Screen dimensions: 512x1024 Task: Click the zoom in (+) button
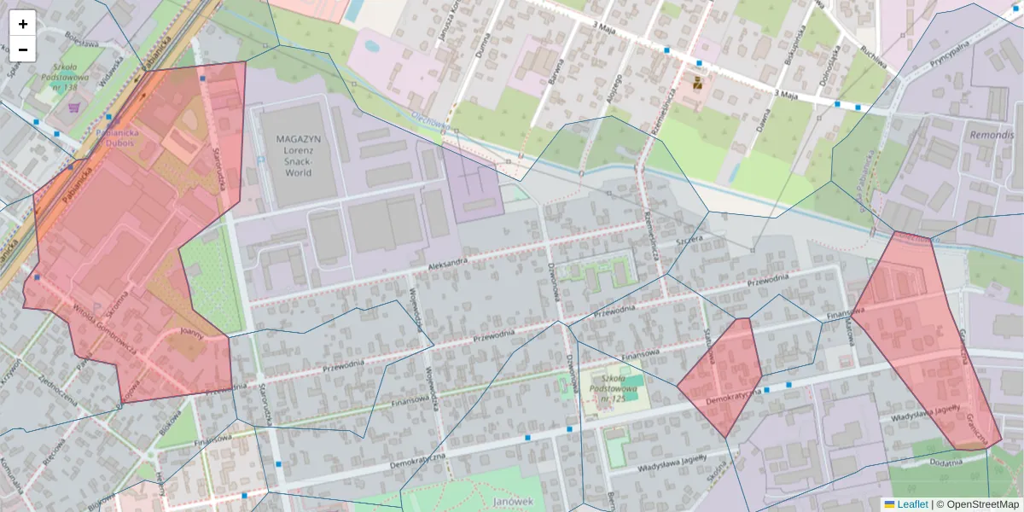pyautogui.click(x=23, y=24)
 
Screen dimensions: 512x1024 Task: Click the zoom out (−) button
pyautogui.click(x=23, y=49)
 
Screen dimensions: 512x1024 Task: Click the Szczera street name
pyautogui.click(x=688, y=241)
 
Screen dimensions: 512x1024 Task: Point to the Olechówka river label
pyautogui.click(x=430, y=123)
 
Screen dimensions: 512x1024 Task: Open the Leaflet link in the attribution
pyautogui.click(x=911, y=504)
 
